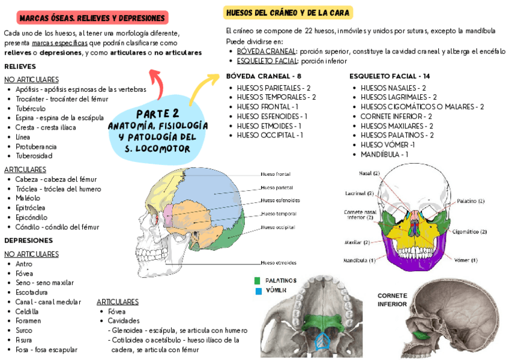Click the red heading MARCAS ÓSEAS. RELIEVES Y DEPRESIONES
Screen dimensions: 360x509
92,18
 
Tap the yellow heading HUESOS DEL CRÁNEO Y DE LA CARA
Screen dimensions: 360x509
288,13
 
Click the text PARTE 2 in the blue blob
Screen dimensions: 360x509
157,114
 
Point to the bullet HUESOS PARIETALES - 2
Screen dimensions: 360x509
273,88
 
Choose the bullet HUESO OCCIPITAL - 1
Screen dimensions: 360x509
270,135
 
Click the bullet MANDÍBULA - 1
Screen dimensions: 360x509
384,154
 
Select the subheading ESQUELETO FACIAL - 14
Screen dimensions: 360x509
390,76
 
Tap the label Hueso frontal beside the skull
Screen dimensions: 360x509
276,174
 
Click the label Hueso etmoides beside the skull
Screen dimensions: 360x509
279,263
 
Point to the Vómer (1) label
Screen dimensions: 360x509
466,260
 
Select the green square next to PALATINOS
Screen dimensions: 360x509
258,280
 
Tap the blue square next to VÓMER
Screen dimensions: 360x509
258,291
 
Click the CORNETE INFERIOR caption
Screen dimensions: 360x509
393,300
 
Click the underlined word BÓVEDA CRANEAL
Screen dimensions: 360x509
267,52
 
